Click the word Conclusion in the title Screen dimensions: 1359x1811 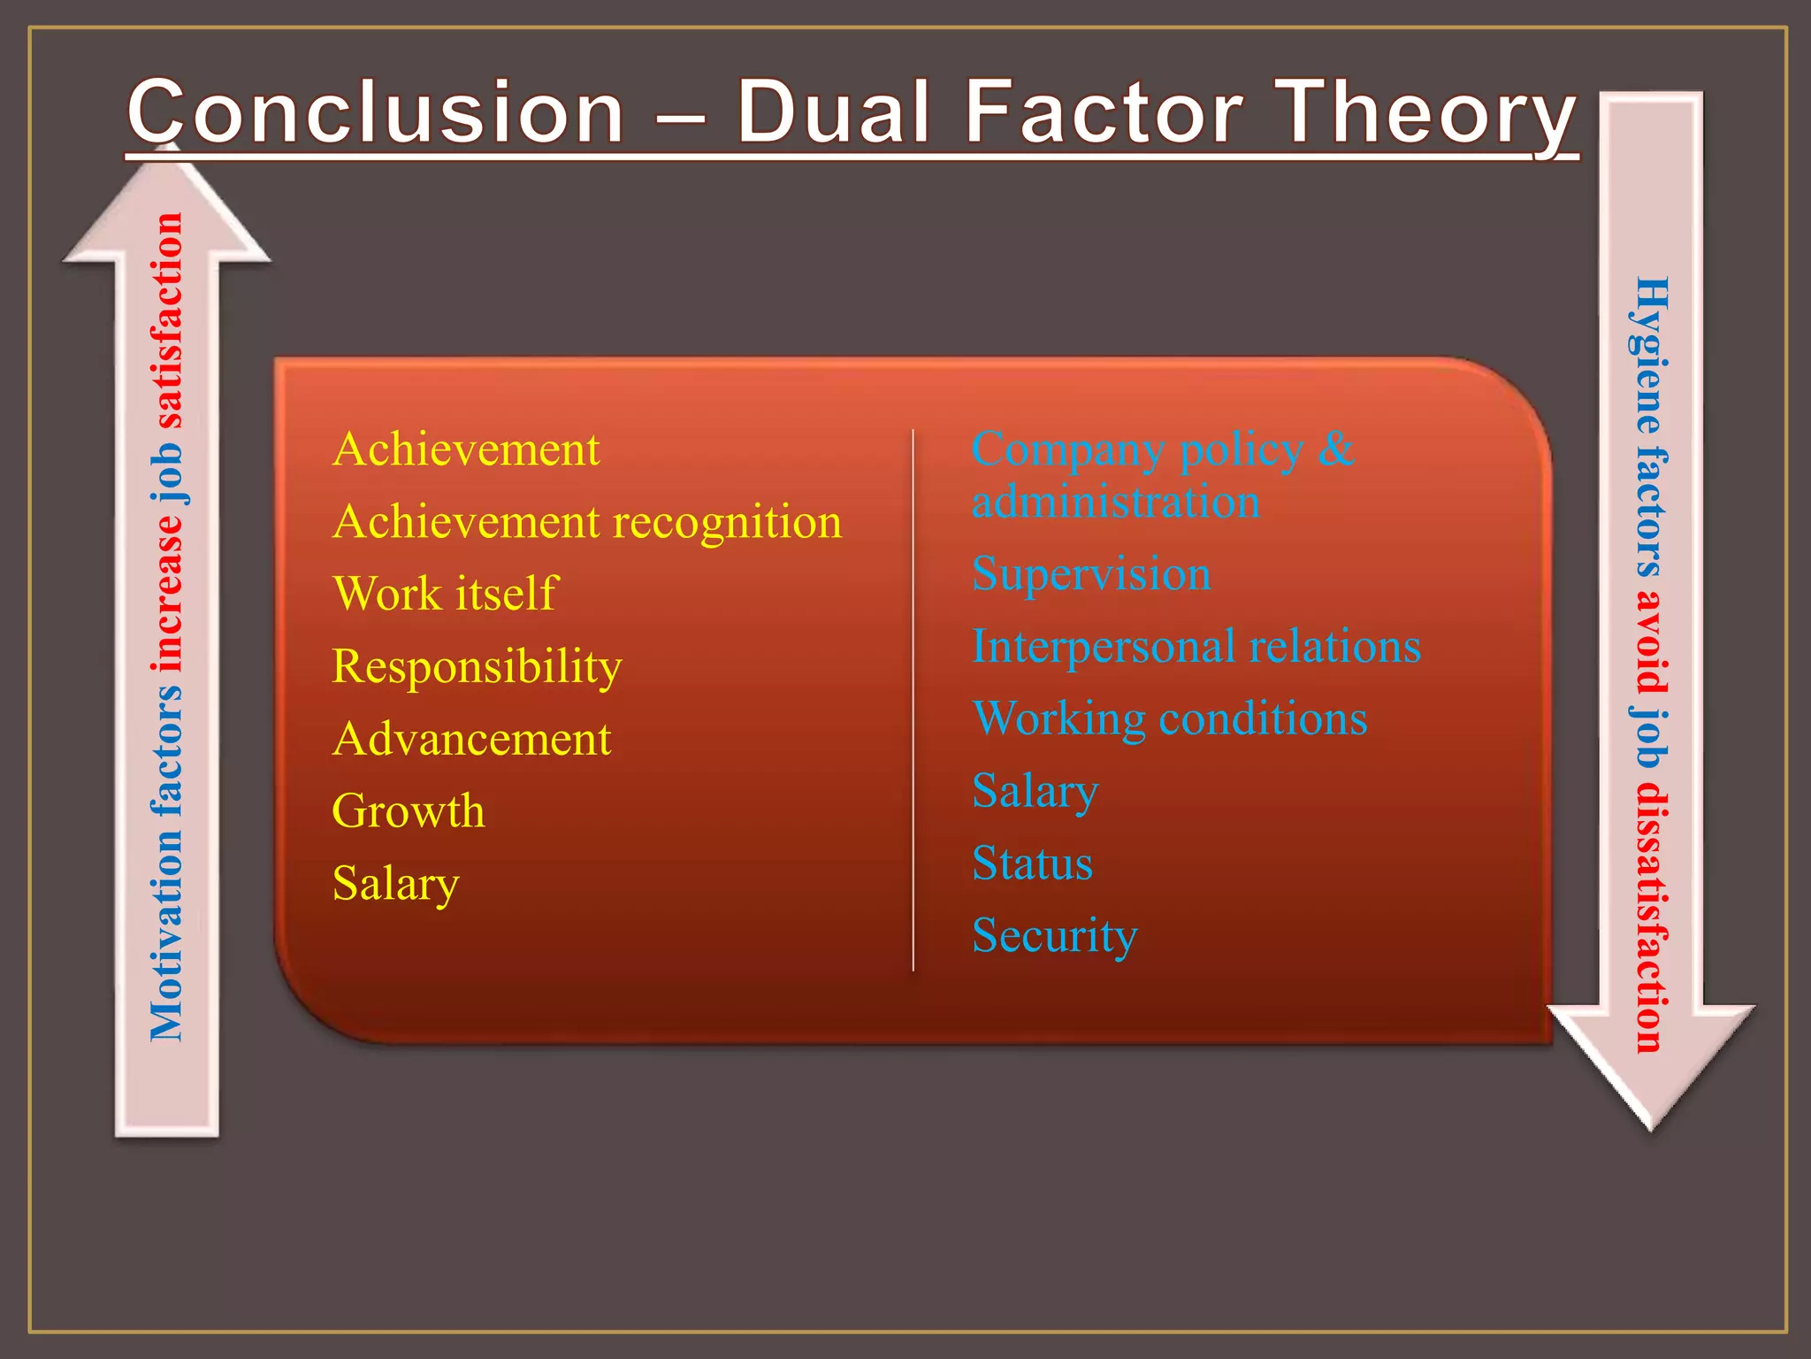click(x=376, y=112)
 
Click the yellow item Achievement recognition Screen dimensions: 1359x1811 click(x=587, y=522)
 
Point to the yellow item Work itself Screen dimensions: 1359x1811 click(x=445, y=594)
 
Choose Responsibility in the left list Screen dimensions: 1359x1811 click(x=477, y=666)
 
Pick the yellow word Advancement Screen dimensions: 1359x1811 click(x=471, y=739)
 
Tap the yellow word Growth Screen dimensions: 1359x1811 click(x=409, y=811)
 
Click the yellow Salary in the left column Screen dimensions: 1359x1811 click(x=395, y=884)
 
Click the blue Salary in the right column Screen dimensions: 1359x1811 click(x=1035, y=791)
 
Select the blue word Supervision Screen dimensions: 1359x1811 click(x=1090, y=574)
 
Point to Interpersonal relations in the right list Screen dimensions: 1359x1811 click(x=1196, y=647)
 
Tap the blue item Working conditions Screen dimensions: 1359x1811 click(x=1169, y=718)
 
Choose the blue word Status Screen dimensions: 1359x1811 click(x=1032, y=864)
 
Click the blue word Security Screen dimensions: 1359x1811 click(x=1054, y=936)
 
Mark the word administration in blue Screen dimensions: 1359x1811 click(x=1115, y=503)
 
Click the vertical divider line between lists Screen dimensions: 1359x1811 click(x=913, y=699)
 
